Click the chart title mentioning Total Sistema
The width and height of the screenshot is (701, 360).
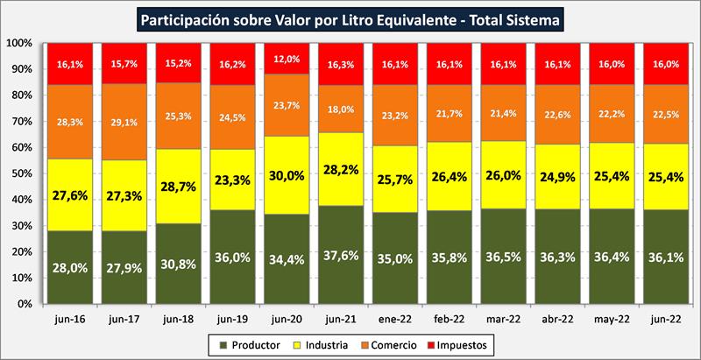tap(350, 17)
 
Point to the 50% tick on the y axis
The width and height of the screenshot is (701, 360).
tap(23, 173)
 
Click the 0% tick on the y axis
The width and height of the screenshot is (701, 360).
tap(25, 304)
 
